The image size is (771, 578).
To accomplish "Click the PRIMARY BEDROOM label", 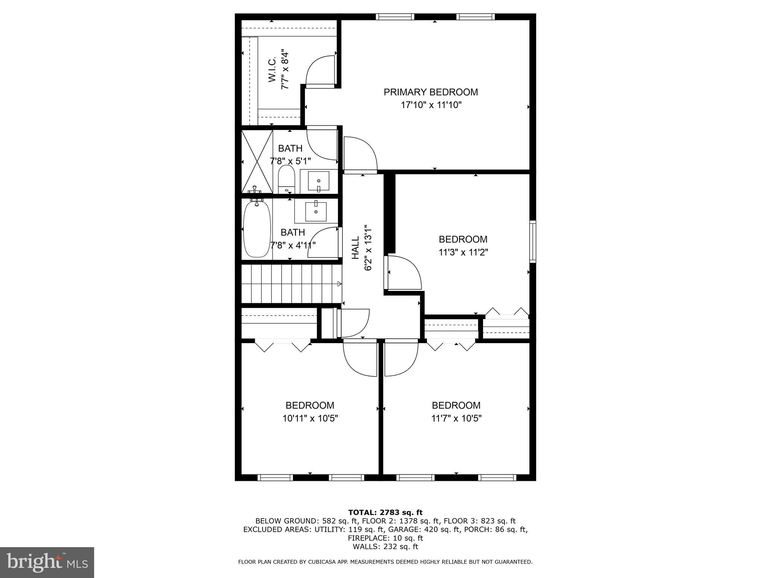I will pyautogui.click(x=431, y=92).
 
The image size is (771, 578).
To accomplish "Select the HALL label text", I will pyautogui.click(x=355, y=248).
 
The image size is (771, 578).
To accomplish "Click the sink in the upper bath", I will pyautogui.click(x=318, y=181).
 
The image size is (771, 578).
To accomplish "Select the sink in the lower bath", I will pyautogui.click(x=315, y=211).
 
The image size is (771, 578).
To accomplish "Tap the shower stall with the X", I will pyautogui.click(x=257, y=161).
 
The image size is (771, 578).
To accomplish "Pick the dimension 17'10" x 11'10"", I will pyautogui.click(x=431, y=105).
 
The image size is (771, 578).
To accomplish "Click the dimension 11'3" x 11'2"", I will pyautogui.click(x=463, y=252).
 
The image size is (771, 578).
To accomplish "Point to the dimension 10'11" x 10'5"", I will pyautogui.click(x=310, y=418).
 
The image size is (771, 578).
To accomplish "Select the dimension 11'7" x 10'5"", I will pyautogui.click(x=456, y=418).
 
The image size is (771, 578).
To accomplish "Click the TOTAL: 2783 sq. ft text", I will pyautogui.click(x=385, y=512).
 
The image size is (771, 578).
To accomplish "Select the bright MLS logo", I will pyautogui.click(x=47, y=562).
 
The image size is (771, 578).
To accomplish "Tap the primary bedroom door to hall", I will pyautogui.click(x=360, y=154).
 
